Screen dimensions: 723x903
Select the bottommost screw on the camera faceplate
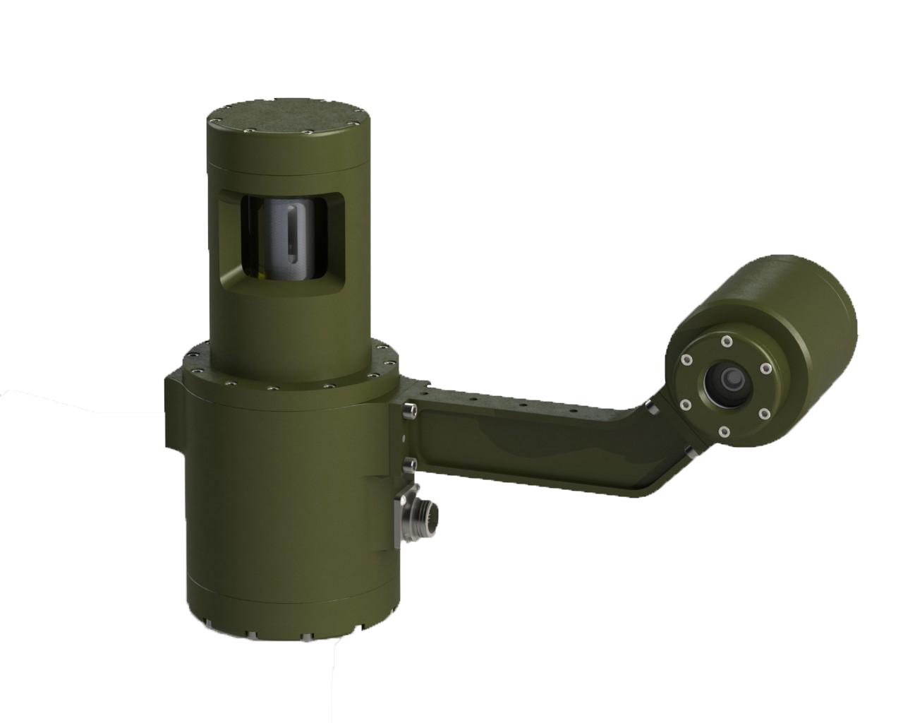[724, 431]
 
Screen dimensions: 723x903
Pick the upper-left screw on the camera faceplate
[686, 361]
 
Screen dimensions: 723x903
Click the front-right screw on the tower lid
[308, 132]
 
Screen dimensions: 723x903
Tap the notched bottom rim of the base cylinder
[282, 621]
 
